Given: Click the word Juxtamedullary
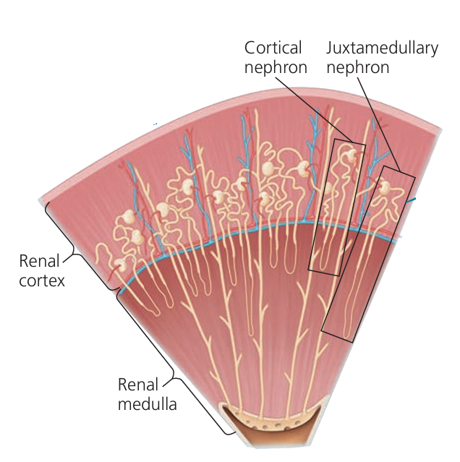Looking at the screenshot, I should coord(382,48).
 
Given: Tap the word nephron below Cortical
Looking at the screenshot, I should coord(276,67).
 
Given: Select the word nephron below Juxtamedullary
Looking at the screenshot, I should coord(357,67).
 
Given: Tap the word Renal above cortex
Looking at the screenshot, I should coord(41,260).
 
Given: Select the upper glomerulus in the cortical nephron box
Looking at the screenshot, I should coord(349,155).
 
